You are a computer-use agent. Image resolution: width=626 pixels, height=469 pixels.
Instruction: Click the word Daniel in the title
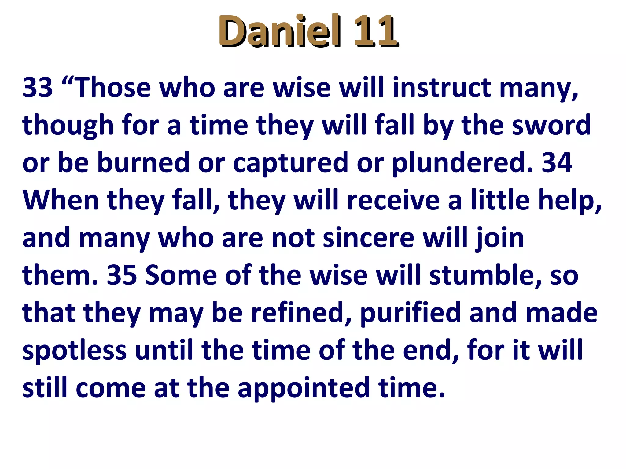pyautogui.click(x=279, y=31)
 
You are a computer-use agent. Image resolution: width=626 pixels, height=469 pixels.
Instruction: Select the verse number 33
pyautogui.click(x=38, y=88)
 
